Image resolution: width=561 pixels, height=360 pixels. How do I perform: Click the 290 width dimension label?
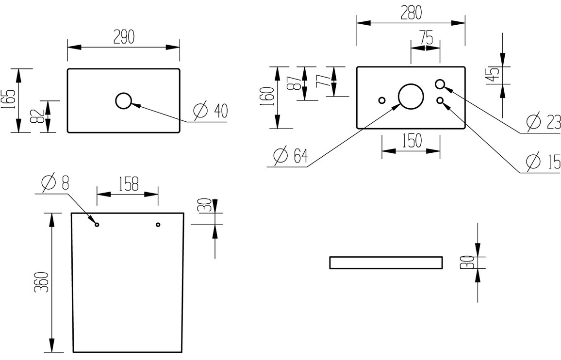[124, 37]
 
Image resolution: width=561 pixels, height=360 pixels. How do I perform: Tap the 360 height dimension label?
[43, 281]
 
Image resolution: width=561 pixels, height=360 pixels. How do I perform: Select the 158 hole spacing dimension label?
[128, 184]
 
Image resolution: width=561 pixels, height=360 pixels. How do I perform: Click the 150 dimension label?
[411, 141]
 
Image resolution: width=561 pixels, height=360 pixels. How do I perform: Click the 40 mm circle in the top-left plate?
[124, 101]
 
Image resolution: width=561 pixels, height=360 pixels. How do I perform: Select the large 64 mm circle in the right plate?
[410, 95]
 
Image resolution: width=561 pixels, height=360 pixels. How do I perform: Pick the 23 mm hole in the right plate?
[440, 84]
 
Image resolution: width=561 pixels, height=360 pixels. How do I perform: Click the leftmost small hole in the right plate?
[382, 100]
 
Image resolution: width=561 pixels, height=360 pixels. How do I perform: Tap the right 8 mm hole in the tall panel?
[158, 224]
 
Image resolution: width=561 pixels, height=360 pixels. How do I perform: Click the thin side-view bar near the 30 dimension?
[386, 262]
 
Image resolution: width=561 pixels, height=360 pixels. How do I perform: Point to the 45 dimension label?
[495, 74]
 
